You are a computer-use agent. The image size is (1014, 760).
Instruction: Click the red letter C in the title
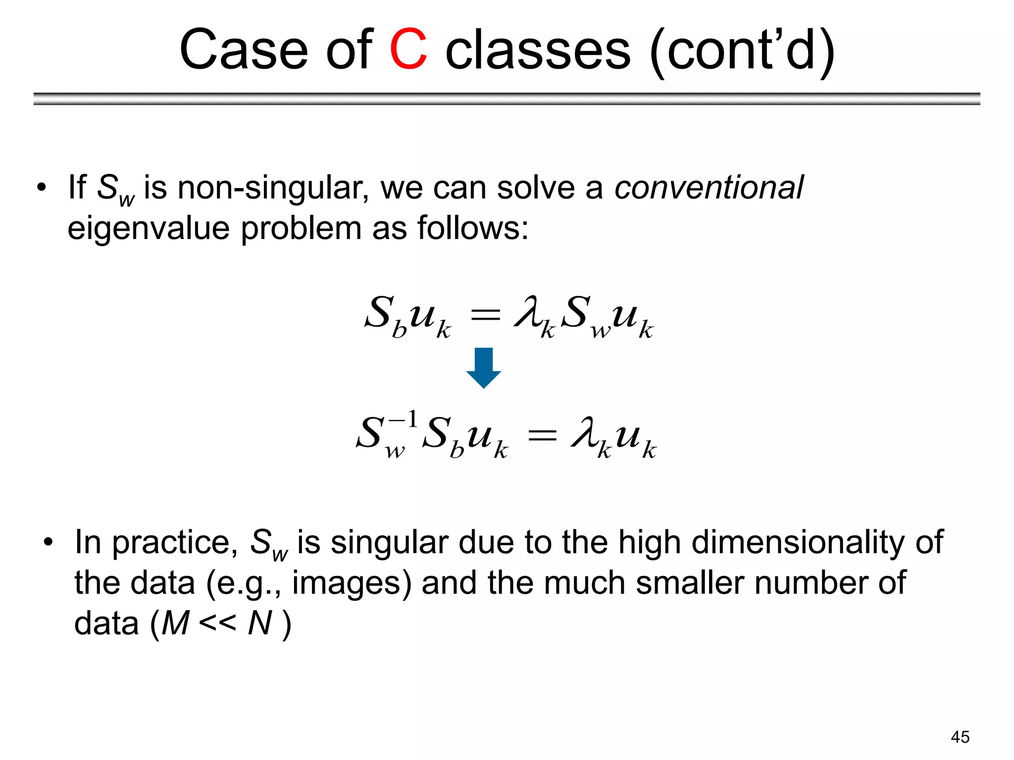pos(408,49)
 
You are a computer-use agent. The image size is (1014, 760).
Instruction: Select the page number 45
pos(960,737)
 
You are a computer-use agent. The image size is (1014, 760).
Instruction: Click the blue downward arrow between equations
pos(484,367)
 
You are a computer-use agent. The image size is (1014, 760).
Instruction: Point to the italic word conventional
pos(709,188)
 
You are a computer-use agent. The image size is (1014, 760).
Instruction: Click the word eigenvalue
pos(149,229)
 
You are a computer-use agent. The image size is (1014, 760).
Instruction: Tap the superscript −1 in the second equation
pos(404,420)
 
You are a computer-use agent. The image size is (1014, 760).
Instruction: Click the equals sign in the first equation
pos(485,315)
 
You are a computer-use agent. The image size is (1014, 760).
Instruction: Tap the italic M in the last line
pos(175,623)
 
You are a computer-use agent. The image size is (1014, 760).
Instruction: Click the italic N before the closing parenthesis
pos(260,623)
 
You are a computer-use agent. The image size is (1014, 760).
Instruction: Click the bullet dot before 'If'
pos(42,188)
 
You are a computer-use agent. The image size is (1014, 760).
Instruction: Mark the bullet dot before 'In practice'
pos(48,542)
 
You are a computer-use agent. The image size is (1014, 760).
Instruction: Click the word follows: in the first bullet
pos(473,229)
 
